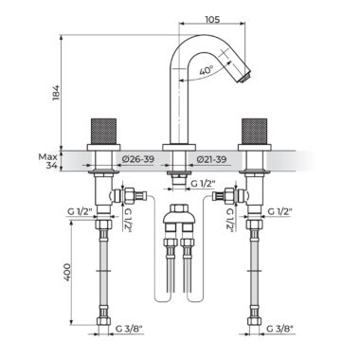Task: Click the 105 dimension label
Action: (212, 20)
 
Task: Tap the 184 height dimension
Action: (56, 92)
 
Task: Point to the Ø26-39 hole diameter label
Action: (138, 159)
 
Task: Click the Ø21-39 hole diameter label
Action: (211, 159)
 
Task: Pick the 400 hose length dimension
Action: (67, 272)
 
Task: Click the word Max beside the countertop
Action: (47, 156)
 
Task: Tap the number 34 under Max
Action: (51, 165)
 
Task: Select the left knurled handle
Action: (103, 132)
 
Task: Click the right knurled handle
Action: (255, 132)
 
